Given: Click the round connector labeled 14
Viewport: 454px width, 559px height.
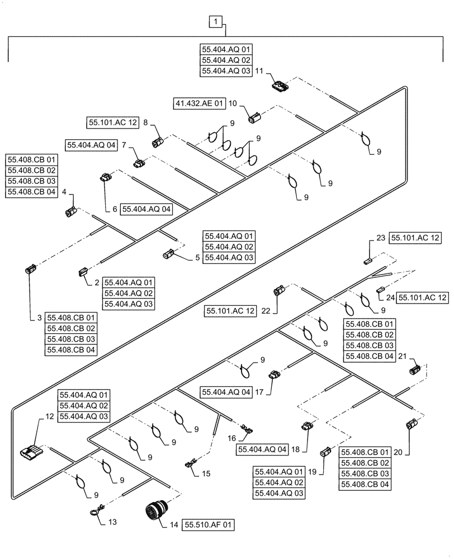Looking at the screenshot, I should [x=154, y=511].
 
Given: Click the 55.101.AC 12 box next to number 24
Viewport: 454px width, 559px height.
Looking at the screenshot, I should [x=423, y=299].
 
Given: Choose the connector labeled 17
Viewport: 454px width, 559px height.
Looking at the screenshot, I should [x=273, y=375].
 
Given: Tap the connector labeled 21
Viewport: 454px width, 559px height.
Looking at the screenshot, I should [x=414, y=369].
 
